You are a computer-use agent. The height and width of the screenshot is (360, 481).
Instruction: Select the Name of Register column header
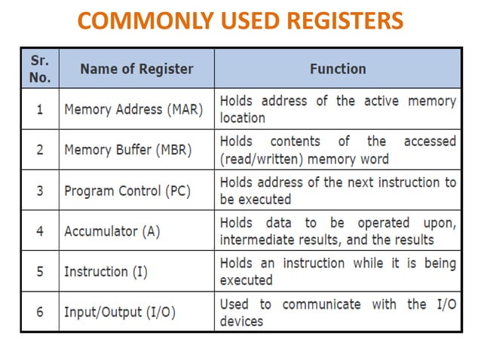pos(136,69)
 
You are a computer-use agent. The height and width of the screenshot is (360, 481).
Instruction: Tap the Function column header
pos(338,69)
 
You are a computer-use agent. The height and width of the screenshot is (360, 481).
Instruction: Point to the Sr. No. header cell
pos(39,69)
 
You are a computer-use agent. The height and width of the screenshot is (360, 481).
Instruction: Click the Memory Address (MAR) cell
pos(133,109)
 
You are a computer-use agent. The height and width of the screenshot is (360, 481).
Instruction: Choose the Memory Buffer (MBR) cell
pos(128,150)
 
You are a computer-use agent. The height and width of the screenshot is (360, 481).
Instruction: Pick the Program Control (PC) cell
pos(128,191)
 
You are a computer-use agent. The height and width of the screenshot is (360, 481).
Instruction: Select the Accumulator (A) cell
pos(112,231)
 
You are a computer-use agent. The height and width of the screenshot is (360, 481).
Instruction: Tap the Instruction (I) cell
pos(106,272)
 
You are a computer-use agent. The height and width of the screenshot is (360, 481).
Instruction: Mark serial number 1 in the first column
pos(39,109)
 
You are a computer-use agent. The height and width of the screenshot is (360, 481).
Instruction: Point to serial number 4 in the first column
pos(39,231)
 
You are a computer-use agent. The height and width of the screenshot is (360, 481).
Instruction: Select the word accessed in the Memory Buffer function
pos(430,142)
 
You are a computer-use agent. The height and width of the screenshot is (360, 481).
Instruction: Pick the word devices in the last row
pos(241,321)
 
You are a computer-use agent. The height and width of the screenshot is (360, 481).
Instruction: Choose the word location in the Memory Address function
pos(242,118)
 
